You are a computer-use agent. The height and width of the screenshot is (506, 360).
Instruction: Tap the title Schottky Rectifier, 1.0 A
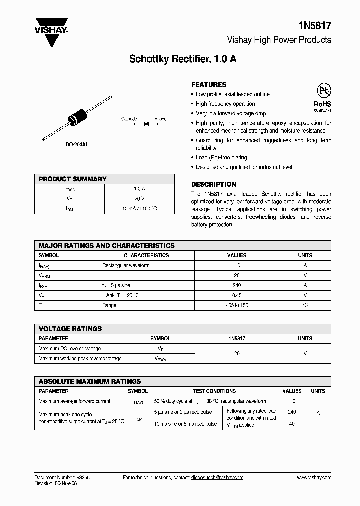[183, 59]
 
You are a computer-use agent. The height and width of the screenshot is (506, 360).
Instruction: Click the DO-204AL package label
[77, 144]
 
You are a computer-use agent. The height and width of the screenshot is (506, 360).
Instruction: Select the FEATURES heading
[209, 85]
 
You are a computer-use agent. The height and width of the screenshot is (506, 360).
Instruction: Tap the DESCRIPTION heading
[214, 184]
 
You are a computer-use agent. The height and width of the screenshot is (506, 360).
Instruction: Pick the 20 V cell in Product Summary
[139, 198]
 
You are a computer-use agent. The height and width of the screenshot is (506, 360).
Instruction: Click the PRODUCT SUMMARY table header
[73, 179]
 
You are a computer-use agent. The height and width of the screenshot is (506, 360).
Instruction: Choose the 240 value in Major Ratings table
[237, 285]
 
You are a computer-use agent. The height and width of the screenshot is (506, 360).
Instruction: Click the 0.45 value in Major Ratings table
[237, 295]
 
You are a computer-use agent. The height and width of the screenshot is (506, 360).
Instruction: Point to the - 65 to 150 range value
[237, 305]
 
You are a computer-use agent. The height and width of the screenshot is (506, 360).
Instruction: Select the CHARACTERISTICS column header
[146, 255]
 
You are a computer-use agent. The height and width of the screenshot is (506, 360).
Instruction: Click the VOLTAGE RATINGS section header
[70, 329]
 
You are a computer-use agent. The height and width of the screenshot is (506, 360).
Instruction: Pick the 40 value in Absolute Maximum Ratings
[292, 424]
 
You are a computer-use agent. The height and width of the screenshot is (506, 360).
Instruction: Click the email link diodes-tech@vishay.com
[217, 477]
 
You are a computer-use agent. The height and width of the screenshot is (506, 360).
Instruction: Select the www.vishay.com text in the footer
[313, 477]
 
